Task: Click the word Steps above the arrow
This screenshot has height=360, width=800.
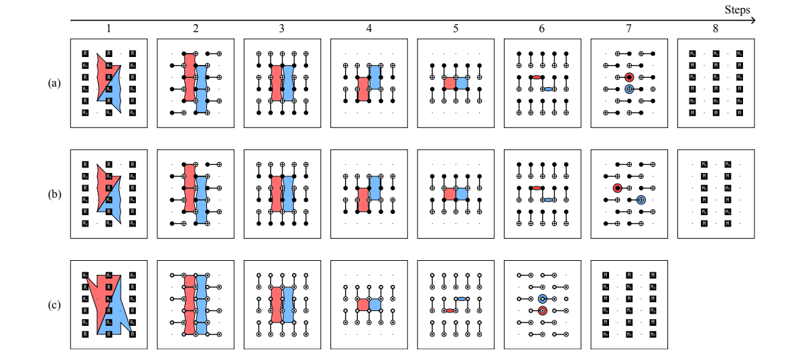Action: (737, 10)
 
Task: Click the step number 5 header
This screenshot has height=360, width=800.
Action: (455, 29)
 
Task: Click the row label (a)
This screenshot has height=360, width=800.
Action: (54, 83)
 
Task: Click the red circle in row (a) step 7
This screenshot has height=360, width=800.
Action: (629, 77)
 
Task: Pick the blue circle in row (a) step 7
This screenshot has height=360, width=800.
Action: (629, 88)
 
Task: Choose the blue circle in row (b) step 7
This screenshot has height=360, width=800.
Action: (641, 199)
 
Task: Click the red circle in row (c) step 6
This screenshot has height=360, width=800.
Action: (543, 310)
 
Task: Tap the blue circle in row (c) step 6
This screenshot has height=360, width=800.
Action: (543, 298)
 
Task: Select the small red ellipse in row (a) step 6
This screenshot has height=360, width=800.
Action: (537, 77)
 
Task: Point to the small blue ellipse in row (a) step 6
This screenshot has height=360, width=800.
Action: (548, 88)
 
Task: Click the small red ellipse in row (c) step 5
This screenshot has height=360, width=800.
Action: (450, 310)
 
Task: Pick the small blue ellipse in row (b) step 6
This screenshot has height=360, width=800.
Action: (548, 200)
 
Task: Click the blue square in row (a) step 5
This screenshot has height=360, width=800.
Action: (461, 82)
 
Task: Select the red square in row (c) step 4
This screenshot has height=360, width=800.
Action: (362, 304)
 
